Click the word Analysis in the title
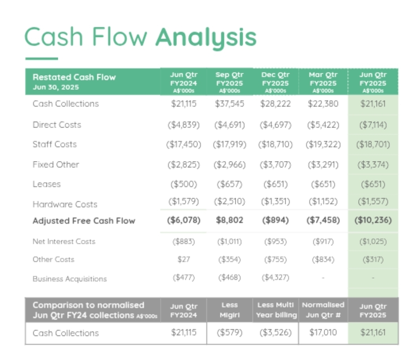click(x=206, y=37)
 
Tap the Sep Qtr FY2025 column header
click(x=229, y=82)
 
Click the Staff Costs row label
click(x=55, y=144)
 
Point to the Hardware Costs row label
click(x=65, y=204)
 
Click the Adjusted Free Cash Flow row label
click(x=84, y=221)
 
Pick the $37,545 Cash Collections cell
click(x=229, y=104)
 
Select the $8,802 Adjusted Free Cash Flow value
click(x=229, y=220)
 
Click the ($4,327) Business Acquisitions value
click(x=275, y=278)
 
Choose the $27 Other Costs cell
click(x=183, y=260)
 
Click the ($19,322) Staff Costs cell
click(x=323, y=145)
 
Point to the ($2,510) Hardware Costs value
click(x=229, y=202)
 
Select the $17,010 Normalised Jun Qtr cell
click(x=323, y=332)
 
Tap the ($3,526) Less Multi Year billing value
click(x=275, y=332)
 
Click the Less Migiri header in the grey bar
click(x=229, y=310)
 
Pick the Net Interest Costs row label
click(x=64, y=241)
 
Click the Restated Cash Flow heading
click(x=74, y=77)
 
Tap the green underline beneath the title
click(x=42, y=59)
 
